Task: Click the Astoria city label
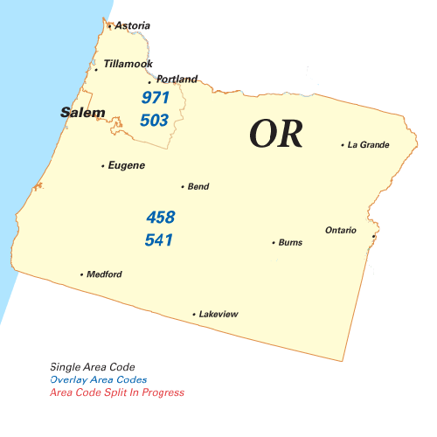[132, 26]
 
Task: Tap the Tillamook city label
[128, 65]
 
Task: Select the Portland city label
[177, 79]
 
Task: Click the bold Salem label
[83, 113]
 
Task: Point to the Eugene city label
[126, 165]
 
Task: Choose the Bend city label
[198, 186]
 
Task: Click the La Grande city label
[368, 145]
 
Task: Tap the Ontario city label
[341, 230]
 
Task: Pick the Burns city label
[290, 242]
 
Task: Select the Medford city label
[104, 274]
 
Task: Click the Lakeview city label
[218, 314]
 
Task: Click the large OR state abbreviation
[276, 134]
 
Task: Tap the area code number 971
[155, 97]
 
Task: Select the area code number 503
[155, 120]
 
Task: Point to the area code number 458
[160, 217]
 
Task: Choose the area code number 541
[160, 239]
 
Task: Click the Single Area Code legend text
[93, 367]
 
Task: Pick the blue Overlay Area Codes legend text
[99, 380]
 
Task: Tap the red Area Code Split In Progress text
[117, 393]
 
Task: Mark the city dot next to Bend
[182, 186]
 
